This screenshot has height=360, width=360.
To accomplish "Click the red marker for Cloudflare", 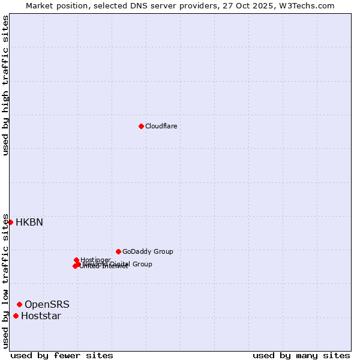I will pos(141,126).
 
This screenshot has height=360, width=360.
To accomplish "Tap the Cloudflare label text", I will pos(161,126).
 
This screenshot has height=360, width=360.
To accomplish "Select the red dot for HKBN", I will pos(10,222).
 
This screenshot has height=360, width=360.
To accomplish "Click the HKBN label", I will pos(29,222).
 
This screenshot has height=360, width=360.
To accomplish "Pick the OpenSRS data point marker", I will pos(19,304).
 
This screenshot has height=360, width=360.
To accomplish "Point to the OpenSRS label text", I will pos(47,305).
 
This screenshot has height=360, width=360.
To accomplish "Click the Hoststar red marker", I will pos(16,316).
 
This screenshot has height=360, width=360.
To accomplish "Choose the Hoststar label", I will pos(41,316).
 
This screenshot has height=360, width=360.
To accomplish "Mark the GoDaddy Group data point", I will pos(118,251).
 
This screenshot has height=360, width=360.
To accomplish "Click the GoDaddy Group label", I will pos(148,251).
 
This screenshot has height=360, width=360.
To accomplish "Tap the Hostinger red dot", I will pos(76,260).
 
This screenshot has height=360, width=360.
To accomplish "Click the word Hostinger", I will pos(95,260).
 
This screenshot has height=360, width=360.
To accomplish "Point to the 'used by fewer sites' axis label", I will pos(62,355).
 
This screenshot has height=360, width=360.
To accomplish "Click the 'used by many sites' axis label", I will pos(301,355).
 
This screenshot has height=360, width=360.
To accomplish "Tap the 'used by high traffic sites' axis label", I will pos(5,85).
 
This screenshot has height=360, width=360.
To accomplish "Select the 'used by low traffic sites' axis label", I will pos(5,280).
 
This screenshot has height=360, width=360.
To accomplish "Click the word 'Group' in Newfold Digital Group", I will pos(142,264).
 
